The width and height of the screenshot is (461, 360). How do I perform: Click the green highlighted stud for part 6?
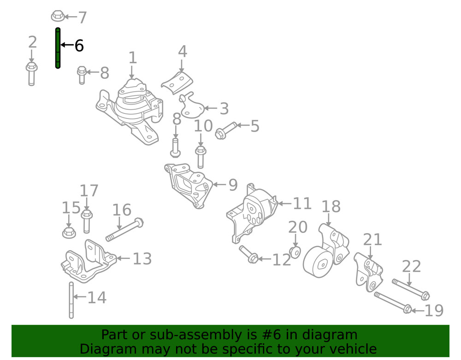[x=58, y=48]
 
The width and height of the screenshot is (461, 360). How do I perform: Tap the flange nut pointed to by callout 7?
[x=57, y=16]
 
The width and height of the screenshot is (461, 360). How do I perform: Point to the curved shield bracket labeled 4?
[x=177, y=82]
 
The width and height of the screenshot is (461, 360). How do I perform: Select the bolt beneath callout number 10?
[x=200, y=157]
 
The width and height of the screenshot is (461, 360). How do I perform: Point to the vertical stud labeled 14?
[x=71, y=300]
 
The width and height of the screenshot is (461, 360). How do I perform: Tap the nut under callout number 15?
[x=69, y=232]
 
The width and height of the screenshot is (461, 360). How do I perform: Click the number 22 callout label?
[x=411, y=266]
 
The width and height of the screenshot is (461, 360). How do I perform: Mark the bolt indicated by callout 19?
[x=392, y=302]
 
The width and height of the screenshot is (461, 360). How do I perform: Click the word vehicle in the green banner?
[x=350, y=348]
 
